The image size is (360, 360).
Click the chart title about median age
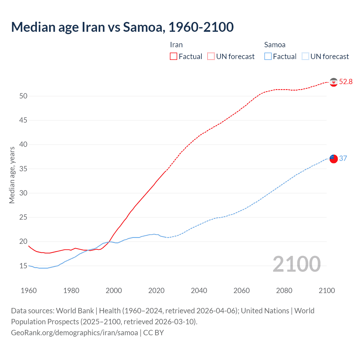pos(122,27)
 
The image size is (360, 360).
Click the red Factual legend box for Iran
pos(174,56)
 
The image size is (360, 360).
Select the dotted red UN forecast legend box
pos(211,56)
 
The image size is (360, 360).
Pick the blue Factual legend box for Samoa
pos(268,56)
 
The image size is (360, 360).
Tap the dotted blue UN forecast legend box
pos(305,56)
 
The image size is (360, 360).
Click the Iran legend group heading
pos(176,45)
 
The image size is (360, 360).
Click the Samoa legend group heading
pos(275,45)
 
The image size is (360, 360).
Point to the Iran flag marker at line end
pos(334,82)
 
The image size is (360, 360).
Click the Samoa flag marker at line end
pos(334,159)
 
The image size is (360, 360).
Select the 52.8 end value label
pos(346,82)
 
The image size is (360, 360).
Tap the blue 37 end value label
pos(343,158)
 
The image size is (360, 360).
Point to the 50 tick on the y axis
pos(23,96)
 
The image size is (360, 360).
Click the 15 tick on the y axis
pos(23,266)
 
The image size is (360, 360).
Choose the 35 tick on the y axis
pos(23,169)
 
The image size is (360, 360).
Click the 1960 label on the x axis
pos(29,291)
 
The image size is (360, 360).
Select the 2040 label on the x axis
pos(199,291)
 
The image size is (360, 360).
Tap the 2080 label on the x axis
pos(284,291)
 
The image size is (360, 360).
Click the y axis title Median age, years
pos(12,175)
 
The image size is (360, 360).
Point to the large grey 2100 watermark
pos(296,264)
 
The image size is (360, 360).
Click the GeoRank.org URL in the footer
pos(75,333)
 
